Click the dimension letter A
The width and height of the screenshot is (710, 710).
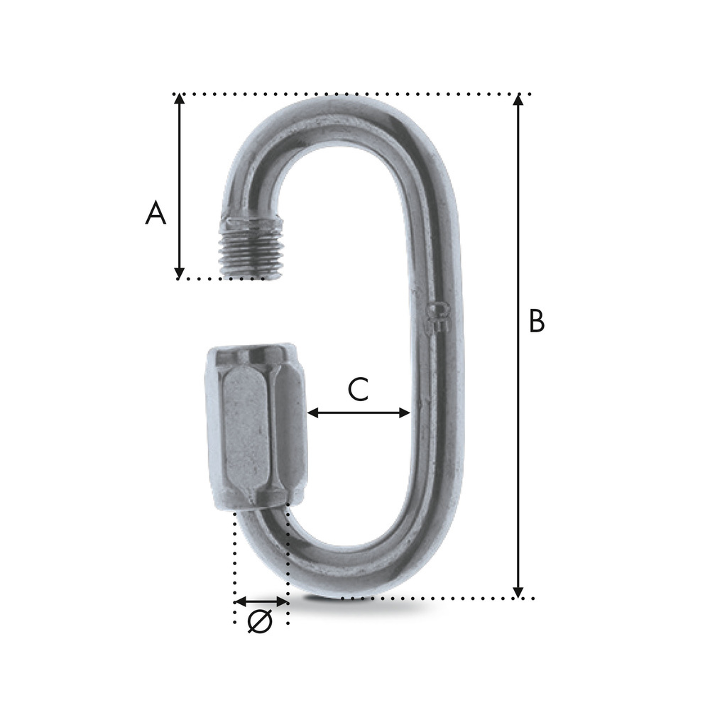[155, 213]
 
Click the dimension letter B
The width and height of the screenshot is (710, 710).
[537, 322]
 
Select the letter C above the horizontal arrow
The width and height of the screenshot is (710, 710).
[358, 389]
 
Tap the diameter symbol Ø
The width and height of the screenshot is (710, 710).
[260, 621]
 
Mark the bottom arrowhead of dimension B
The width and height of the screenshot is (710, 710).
[518, 592]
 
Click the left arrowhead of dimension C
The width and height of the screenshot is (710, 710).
[313, 413]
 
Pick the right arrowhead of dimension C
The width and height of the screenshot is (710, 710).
[405, 413]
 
